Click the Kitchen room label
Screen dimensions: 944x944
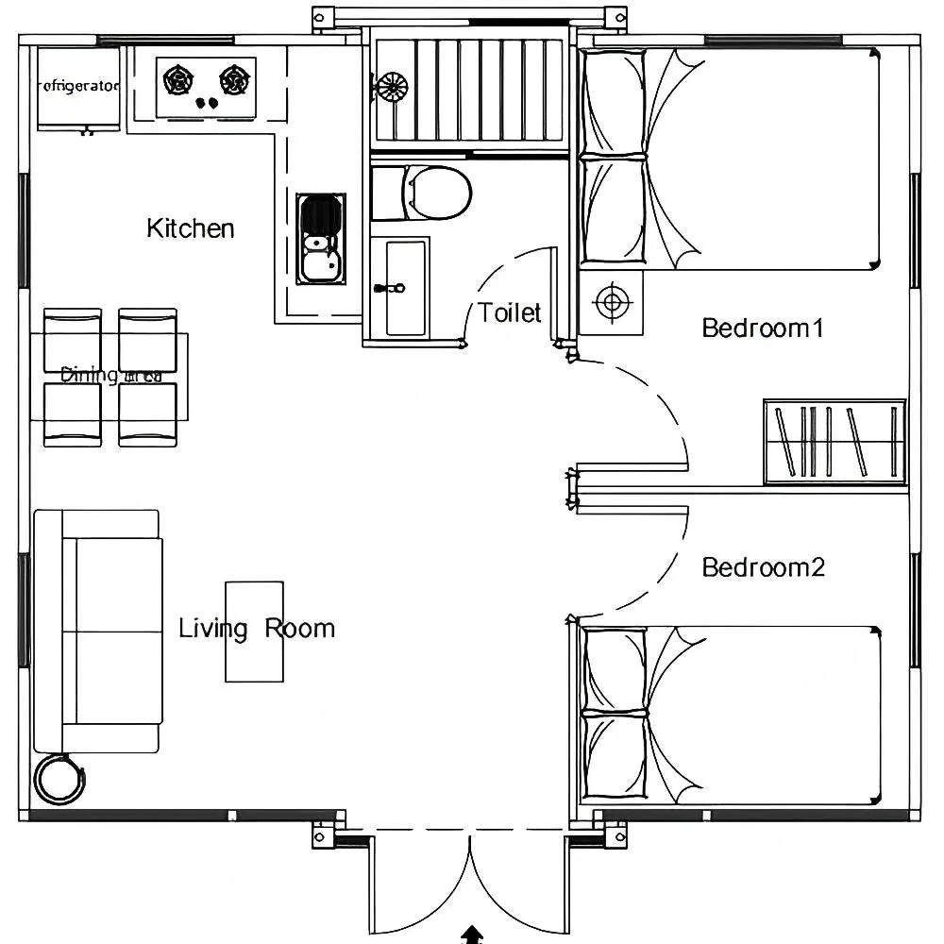click(191, 228)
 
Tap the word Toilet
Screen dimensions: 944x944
click(509, 312)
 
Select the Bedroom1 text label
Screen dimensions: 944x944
click(763, 329)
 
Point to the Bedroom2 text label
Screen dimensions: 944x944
click(763, 567)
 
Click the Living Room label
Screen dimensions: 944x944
click(257, 629)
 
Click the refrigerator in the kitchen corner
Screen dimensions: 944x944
click(78, 89)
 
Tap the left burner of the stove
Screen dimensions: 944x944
click(177, 80)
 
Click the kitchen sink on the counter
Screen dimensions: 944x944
click(320, 238)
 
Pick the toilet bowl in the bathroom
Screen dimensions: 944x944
click(436, 194)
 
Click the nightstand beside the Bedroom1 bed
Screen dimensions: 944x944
click(611, 302)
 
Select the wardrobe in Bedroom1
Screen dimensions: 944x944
click(834, 442)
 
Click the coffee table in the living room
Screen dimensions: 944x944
click(254, 631)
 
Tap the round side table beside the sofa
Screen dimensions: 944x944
click(59, 780)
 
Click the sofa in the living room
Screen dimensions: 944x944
click(98, 631)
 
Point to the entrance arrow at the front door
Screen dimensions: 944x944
click(471, 935)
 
